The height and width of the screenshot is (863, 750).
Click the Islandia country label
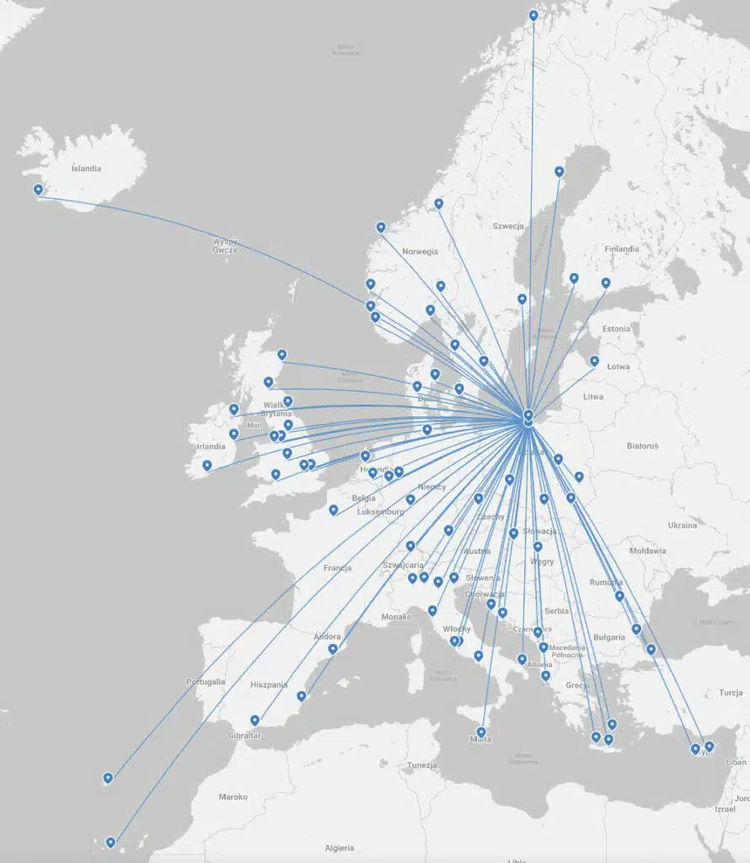(86, 168)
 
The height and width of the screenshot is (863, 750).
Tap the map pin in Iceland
(38, 190)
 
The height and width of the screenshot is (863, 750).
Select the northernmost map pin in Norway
(533, 15)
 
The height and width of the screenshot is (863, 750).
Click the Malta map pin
(481, 732)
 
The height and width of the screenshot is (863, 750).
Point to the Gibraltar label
(245, 736)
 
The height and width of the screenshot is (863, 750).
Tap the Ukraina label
(682, 525)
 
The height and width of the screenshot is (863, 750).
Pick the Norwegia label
(420, 251)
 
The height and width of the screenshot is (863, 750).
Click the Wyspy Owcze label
(225, 245)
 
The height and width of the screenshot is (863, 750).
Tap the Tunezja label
(421, 765)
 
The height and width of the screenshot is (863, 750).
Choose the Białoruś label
(642, 446)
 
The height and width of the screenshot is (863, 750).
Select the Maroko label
(233, 796)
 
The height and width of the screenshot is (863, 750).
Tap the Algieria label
(340, 848)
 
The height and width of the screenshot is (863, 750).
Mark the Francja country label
(337, 568)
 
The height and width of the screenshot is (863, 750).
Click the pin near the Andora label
(333, 648)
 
